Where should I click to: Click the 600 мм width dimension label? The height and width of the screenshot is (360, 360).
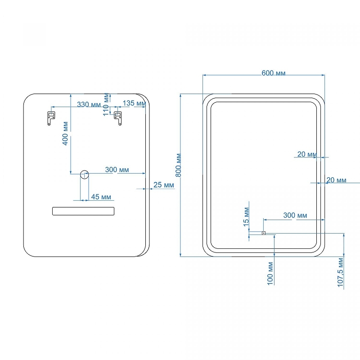273,73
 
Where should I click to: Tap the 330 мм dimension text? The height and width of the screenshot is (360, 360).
89,104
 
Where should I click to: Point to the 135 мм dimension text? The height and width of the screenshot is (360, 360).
134,103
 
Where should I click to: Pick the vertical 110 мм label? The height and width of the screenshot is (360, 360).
106,104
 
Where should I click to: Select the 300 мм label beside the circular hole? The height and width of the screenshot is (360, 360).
117,170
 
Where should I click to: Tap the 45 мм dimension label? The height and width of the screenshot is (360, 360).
101,197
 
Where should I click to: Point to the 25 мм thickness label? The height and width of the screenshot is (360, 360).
163,185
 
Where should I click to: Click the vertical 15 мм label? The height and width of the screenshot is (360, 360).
246,217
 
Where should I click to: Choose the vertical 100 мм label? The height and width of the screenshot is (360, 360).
270,274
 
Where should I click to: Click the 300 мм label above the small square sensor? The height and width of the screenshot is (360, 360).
295,216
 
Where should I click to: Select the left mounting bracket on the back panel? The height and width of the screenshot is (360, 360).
50,118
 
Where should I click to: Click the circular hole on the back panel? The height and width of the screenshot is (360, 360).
84,175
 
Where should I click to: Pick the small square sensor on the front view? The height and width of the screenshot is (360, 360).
264,233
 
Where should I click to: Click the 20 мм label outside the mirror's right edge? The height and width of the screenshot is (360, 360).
336,180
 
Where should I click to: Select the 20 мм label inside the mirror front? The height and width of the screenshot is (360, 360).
306,154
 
